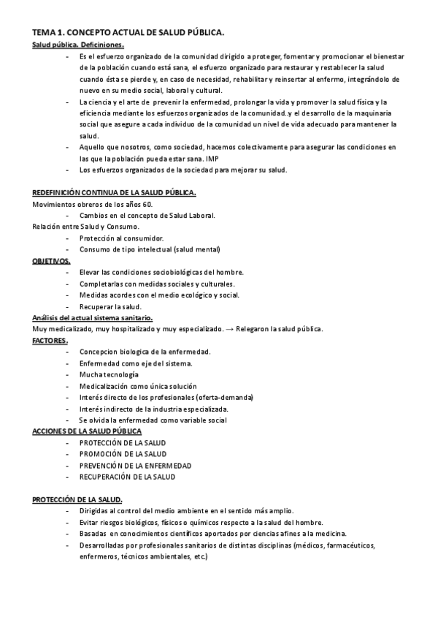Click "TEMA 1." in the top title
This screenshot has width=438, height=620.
pos(49,33)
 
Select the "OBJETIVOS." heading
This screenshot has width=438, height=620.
pos(51,261)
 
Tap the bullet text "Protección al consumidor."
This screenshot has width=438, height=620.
pos(122,238)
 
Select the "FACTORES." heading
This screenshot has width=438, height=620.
pos(50,341)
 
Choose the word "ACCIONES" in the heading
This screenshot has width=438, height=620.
pos(50,431)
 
